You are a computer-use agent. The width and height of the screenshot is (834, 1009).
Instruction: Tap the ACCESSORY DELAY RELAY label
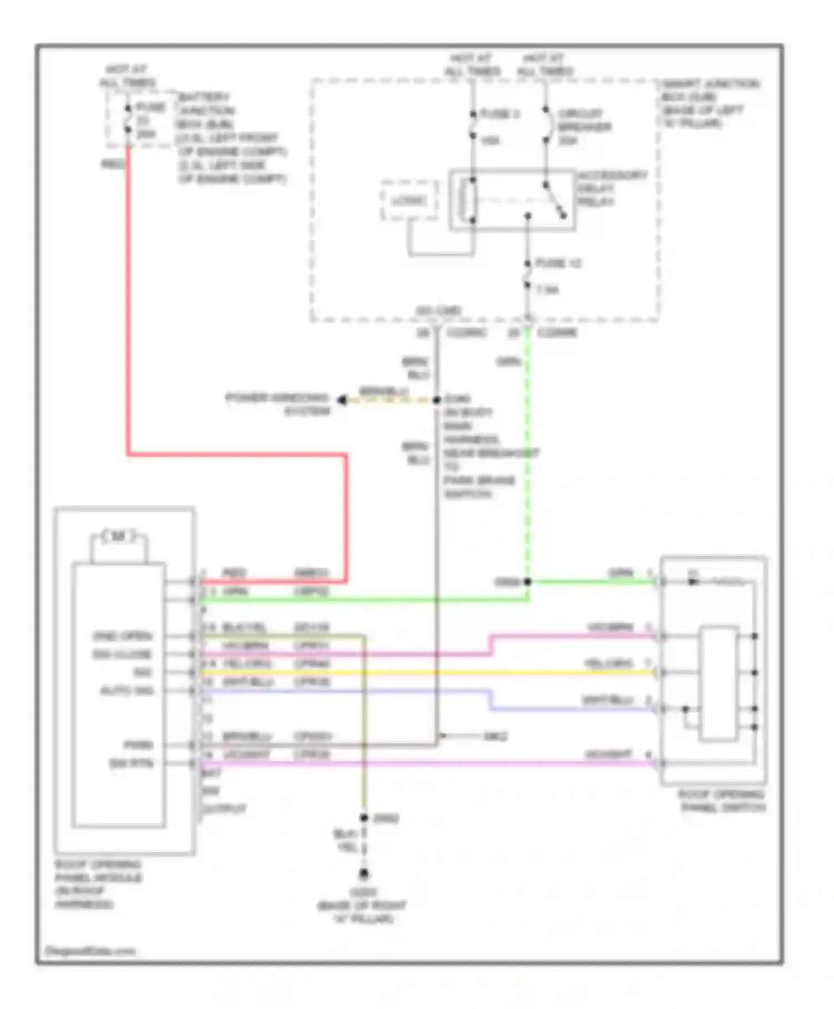click(612, 188)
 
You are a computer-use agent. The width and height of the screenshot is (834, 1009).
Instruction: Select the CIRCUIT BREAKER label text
click(584, 127)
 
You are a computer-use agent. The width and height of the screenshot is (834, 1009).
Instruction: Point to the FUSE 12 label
click(558, 263)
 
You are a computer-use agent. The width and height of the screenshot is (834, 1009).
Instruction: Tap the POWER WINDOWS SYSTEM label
click(278, 404)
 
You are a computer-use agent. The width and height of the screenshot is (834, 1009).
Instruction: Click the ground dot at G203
click(364, 874)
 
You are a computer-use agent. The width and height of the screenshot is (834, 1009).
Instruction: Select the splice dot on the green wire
click(527, 582)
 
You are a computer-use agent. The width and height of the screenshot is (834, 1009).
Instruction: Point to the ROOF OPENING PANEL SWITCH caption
click(722, 800)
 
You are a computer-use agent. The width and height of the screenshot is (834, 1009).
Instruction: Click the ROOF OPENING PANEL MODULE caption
click(98, 884)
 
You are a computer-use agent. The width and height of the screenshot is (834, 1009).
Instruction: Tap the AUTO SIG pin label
click(127, 691)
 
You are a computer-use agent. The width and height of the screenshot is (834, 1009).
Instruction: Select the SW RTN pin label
click(131, 763)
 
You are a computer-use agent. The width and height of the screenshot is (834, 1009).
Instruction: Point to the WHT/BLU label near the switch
click(607, 700)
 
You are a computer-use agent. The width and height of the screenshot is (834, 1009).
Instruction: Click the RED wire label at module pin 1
click(234, 573)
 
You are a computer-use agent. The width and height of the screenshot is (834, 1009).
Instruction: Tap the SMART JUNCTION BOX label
click(709, 103)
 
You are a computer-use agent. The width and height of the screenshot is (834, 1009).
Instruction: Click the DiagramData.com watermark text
click(90, 951)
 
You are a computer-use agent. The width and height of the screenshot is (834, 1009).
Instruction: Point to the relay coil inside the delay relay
click(466, 200)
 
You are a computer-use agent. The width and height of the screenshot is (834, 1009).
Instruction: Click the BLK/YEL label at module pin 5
click(244, 627)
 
